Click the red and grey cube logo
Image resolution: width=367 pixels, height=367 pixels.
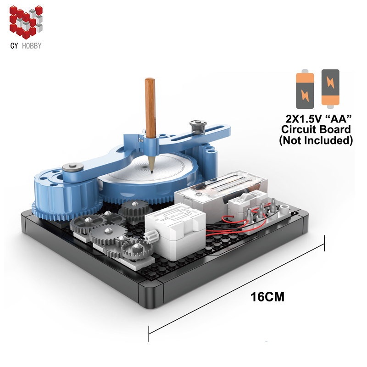click(26, 22)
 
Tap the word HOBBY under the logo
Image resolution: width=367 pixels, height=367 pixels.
click(32, 45)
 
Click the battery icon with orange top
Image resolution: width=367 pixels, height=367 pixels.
click(305, 89)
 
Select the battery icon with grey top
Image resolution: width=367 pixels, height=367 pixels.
click(330, 89)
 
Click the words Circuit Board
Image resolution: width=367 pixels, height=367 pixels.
click(316, 129)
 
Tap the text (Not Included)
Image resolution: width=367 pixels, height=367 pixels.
click(316, 140)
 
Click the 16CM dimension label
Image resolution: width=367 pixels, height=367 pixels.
click(267, 297)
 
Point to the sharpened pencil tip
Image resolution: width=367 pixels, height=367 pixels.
click(152, 172)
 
